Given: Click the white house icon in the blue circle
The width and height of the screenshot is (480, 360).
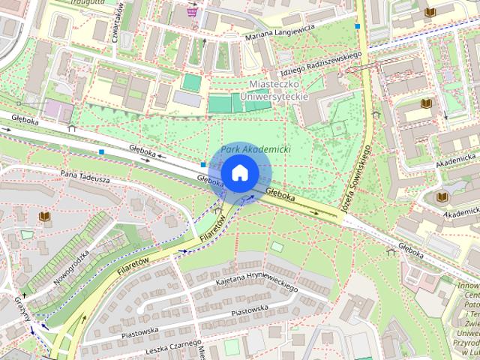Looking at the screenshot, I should pos(239,172).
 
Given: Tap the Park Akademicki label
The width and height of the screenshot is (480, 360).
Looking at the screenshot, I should pos(256,150).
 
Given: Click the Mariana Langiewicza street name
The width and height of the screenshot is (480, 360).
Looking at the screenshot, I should pos(275,32).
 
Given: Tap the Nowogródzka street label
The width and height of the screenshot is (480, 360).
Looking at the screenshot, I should pos(72,266).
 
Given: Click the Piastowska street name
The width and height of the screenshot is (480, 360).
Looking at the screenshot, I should pos(250,310).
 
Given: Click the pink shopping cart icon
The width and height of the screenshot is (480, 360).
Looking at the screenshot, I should pos(193,11).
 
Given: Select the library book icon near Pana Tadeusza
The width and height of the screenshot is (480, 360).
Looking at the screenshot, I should pos(45,217).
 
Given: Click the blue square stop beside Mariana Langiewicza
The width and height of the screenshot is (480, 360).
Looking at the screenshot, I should pos(358,26).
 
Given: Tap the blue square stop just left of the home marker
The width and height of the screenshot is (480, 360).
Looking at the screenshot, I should pos(203,164).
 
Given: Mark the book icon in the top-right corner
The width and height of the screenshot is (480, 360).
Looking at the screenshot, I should pos(430,12).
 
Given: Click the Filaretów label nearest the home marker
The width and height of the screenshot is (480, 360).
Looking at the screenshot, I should pos(212,230).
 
